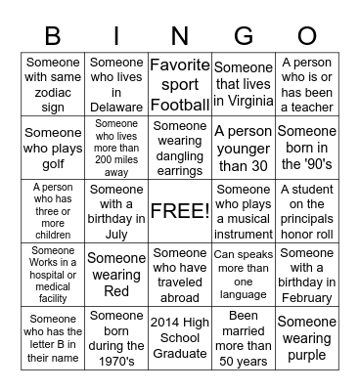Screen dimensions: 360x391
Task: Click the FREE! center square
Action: [180, 210]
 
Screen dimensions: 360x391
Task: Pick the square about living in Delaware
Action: [116, 83]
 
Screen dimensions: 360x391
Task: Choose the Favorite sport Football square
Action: [180, 83]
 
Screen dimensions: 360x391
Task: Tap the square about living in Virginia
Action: [244, 83]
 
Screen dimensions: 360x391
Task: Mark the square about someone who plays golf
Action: [53, 147]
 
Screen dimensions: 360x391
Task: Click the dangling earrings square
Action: [180, 147]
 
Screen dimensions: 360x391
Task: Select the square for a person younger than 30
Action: [244, 147]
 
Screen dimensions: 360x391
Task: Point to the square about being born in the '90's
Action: [307, 147]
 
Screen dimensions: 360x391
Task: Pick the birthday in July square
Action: [116, 210]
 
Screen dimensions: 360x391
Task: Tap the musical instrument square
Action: [244, 210]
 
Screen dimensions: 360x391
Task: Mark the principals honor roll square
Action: [307, 210]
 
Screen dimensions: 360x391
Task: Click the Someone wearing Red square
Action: [116, 274]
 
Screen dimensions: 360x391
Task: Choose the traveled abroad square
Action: [180, 274]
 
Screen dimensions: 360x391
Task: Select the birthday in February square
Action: [307, 274]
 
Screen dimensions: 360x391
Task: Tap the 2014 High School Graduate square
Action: [180, 337]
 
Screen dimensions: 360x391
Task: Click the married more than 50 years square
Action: [244, 337]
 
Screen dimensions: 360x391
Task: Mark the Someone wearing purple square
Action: [307, 337]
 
